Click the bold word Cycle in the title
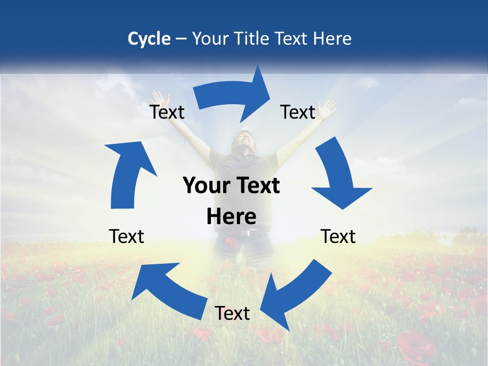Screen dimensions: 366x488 pyautogui.click(x=149, y=39)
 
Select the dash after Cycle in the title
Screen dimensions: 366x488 pyautogui.click(x=181, y=39)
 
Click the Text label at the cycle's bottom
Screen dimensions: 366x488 pyautogui.click(x=232, y=313)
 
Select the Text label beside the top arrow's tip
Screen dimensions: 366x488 pyautogui.click(x=298, y=112)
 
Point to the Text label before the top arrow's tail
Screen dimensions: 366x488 pyautogui.click(x=167, y=112)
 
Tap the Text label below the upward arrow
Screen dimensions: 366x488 pyautogui.click(x=127, y=236)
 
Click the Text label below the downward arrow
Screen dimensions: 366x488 pyautogui.click(x=338, y=236)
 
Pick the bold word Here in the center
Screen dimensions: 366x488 pyautogui.click(x=231, y=217)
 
